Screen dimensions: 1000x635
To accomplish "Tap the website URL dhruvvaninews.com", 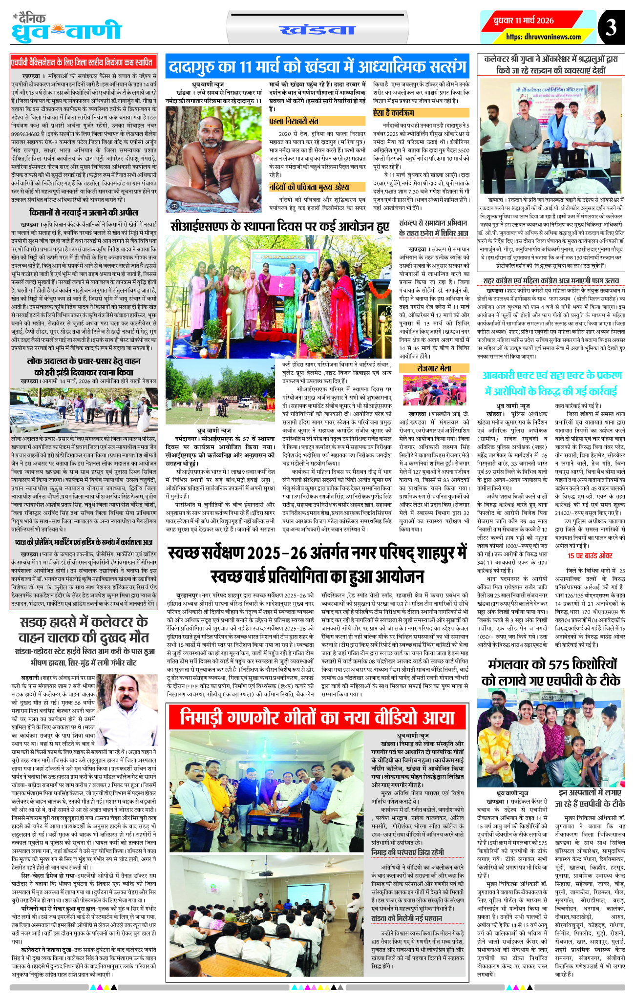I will click(x=544, y=37).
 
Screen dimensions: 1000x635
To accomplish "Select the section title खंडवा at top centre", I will click(x=317, y=30).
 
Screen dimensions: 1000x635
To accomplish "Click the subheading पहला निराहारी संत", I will click(x=293, y=121).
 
